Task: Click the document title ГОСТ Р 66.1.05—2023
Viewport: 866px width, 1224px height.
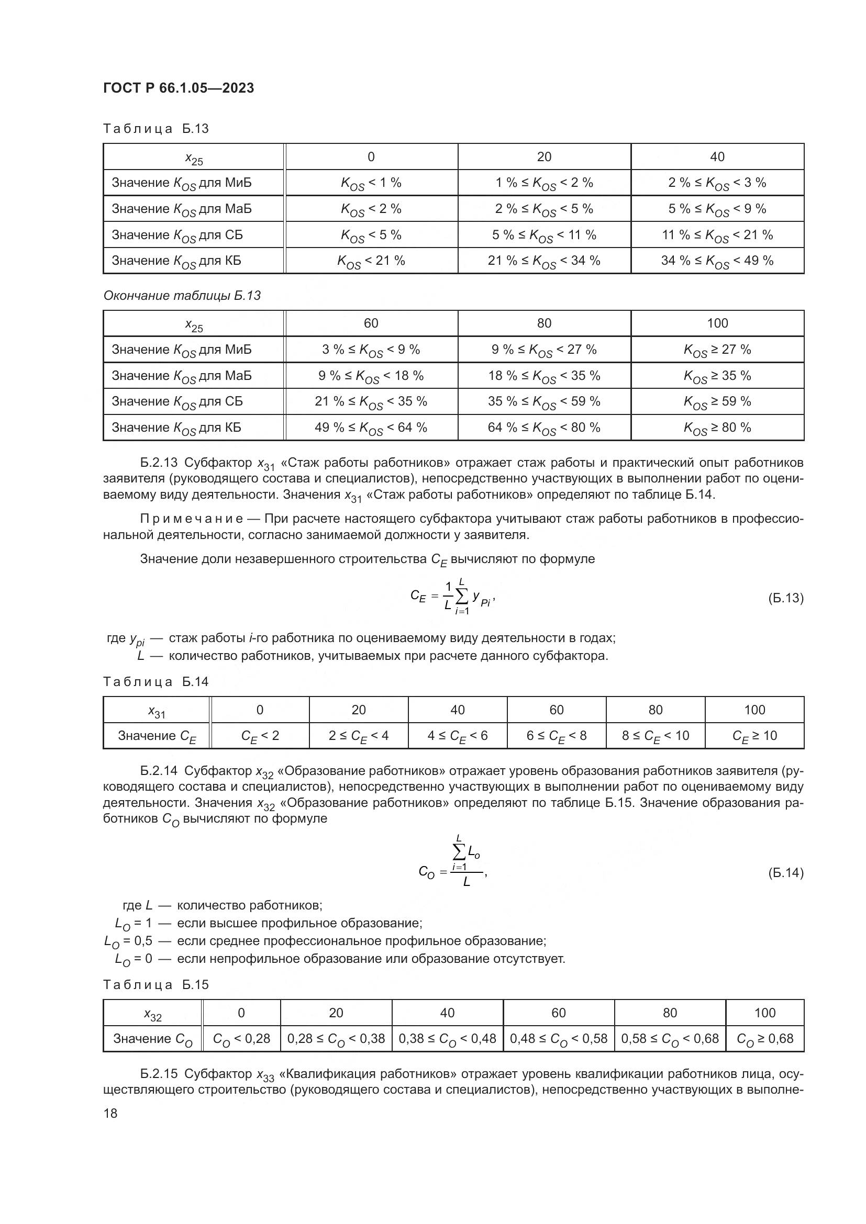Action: [x=178, y=88]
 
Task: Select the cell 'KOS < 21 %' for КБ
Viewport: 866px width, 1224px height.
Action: [x=371, y=261]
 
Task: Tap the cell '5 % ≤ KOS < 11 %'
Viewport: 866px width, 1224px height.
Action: [x=544, y=235]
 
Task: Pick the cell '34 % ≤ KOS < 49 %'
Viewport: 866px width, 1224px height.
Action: [x=717, y=261]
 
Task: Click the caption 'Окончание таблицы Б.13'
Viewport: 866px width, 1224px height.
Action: [x=182, y=295]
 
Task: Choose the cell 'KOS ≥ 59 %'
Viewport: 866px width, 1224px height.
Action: [x=717, y=401]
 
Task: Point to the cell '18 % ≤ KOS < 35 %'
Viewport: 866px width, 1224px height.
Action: [x=544, y=376]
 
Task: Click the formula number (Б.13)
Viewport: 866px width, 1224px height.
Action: [x=785, y=598]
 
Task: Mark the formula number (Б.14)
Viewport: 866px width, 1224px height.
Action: [x=785, y=873]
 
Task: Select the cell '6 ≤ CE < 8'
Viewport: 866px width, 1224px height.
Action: [x=556, y=736]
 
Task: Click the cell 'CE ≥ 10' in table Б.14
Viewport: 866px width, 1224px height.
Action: [x=754, y=736]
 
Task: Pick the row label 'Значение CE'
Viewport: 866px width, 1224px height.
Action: [x=157, y=736]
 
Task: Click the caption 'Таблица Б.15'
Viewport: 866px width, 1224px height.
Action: [x=156, y=985]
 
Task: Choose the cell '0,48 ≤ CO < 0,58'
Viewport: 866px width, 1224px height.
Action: [x=558, y=1038]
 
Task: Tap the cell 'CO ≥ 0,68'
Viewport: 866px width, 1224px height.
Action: [x=764, y=1038]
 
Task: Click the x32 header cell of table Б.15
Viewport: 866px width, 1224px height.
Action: [x=152, y=1013]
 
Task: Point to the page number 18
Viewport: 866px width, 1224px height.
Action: [x=110, y=1113]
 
